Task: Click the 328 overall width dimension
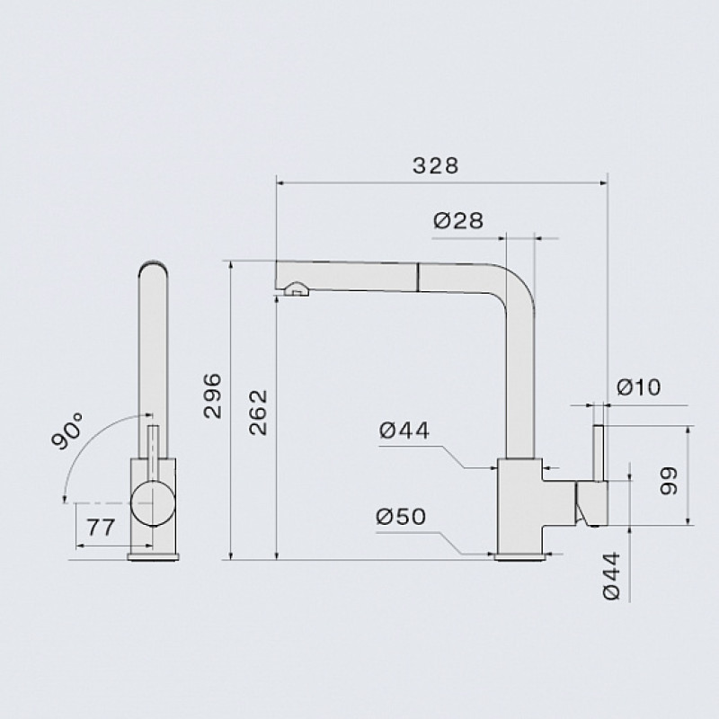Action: click(435, 165)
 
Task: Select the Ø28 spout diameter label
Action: click(458, 220)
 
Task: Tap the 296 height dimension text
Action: click(212, 395)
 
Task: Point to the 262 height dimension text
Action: click(258, 413)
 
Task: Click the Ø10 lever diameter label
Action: click(639, 387)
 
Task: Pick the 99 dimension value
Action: click(668, 481)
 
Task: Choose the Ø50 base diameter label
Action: click(401, 517)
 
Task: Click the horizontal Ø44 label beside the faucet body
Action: click(404, 431)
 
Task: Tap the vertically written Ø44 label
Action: click(611, 575)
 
